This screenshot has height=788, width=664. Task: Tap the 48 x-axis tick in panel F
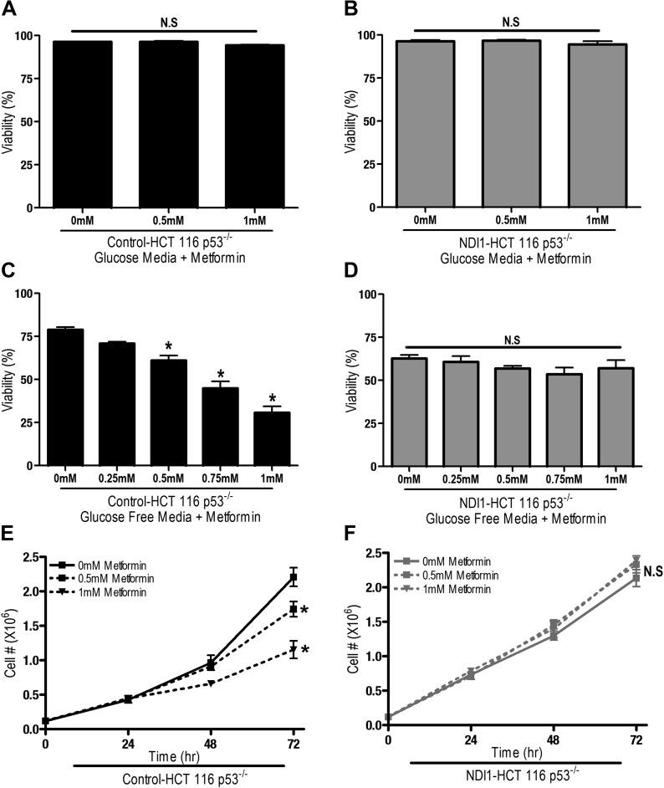coord(554,741)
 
